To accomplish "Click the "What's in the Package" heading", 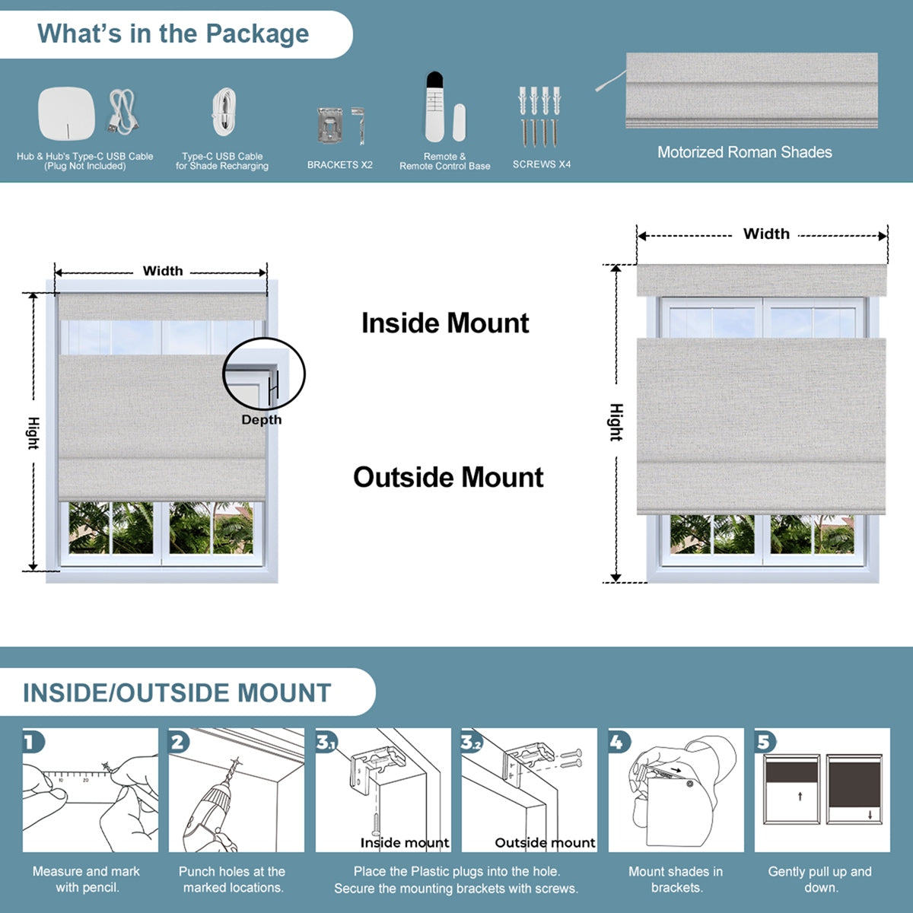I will point(173,34).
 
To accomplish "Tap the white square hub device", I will point(66,113).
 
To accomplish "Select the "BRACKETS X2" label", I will point(339,165).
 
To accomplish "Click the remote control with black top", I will point(434,107).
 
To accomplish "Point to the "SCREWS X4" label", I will point(541,164).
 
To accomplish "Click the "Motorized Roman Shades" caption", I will point(744,152).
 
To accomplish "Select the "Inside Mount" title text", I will point(445,323).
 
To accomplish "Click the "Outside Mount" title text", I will point(448,478).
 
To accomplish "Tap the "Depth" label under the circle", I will point(261,420).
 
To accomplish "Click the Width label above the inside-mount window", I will point(163,271).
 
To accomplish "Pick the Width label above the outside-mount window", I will point(766,234).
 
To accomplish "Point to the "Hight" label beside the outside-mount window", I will point(616,422).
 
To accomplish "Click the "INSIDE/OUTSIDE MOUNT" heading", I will point(177,693).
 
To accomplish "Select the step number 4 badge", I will point(617,741).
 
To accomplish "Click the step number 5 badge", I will point(764,741).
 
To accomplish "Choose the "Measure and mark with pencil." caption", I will point(86,880).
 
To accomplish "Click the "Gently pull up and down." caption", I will point(819,880).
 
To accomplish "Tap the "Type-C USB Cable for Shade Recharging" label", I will point(222,161).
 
